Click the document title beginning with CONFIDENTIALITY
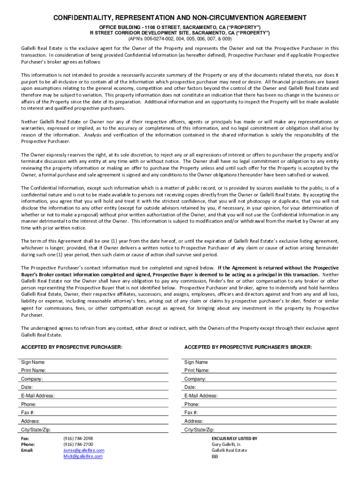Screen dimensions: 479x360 point(180,18)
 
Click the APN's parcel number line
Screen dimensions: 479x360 point(180,39)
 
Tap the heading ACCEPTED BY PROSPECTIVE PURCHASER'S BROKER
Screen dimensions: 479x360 point(248,347)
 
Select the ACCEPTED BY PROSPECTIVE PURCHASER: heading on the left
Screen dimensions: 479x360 point(72,347)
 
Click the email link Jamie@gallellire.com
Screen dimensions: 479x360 point(84,450)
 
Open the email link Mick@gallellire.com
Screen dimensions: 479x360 point(83,456)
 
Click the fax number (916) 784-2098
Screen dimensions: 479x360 point(78,438)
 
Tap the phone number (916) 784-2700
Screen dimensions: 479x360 point(78,444)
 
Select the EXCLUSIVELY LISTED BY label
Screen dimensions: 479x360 point(234,438)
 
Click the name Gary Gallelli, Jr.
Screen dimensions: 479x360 point(226,444)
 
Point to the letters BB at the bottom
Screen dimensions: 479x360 point(215,457)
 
